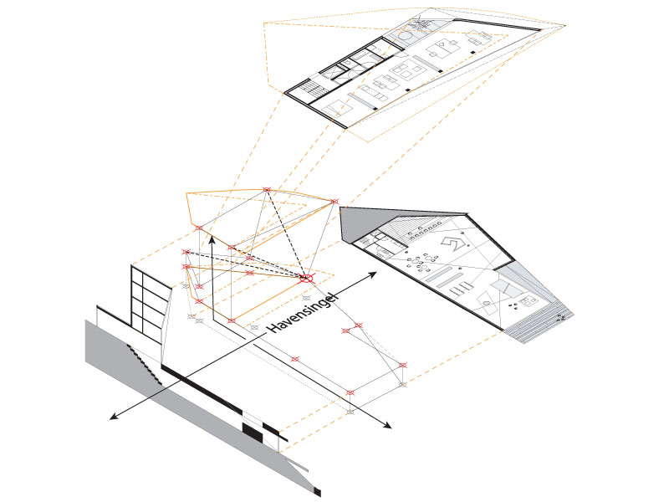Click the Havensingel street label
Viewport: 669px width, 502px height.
coord(303,312)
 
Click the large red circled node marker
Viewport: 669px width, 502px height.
coord(306,279)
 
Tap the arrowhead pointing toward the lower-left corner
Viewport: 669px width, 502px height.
coord(114,416)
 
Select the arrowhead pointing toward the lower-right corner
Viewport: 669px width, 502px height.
coord(387,424)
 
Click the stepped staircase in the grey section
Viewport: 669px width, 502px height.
coord(145,364)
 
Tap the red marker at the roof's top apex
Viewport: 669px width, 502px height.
coord(267,190)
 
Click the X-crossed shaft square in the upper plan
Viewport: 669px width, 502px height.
coord(329,74)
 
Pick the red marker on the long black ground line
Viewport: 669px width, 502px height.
coord(295,359)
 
